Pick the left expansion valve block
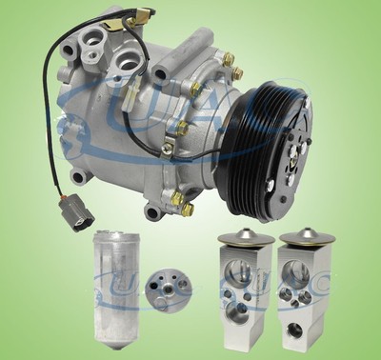243,286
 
